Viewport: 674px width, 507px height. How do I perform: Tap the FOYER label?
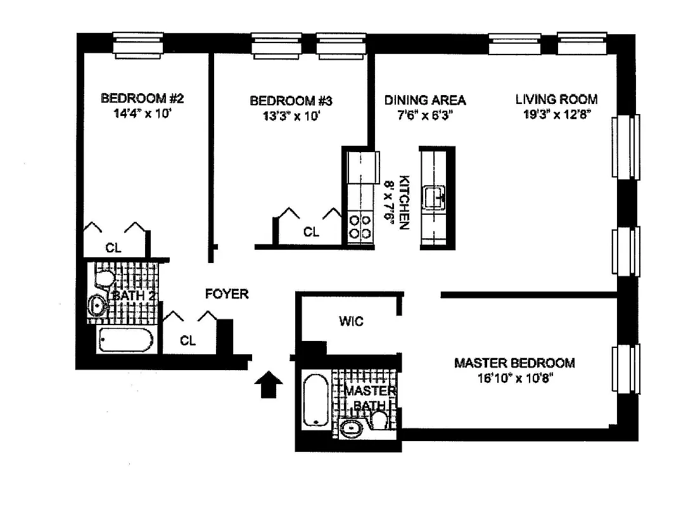pos(227,294)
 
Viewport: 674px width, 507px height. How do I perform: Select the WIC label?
pos(350,321)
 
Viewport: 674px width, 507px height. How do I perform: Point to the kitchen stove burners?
pos(359,227)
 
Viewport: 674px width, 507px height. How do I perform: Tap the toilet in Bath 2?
pos(105,278)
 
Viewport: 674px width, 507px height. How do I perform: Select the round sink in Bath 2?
pos(98,305)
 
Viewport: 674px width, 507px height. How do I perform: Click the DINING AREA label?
pos(425,100)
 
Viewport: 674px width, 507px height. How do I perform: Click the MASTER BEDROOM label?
pos(514,363)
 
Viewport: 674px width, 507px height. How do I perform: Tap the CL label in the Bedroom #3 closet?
pos(310,232)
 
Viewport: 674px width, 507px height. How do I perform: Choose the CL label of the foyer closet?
pos(188,340)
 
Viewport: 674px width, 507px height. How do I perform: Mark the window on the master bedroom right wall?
pos(626,369)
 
